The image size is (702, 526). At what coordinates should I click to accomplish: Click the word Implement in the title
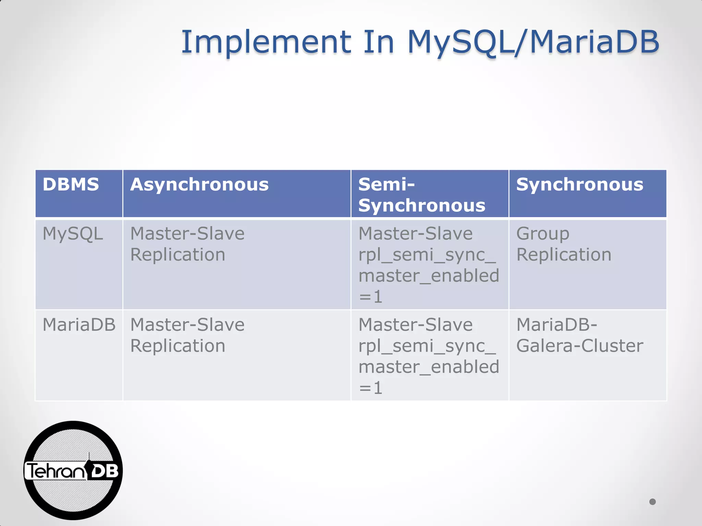coord(266,42)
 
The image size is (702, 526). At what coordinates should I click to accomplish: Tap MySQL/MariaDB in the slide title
coord(533,42)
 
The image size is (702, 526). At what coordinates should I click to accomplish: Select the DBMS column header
coord(71,185)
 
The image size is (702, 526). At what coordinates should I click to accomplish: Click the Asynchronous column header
coord(199,185)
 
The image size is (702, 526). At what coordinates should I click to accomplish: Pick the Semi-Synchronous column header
coord(422,195)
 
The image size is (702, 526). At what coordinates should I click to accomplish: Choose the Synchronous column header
coord(580,185)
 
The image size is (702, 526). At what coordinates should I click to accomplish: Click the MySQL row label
coord(73,234)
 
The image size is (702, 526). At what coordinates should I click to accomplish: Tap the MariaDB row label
coord(79,325)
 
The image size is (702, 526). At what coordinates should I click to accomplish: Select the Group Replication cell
coord(564,244)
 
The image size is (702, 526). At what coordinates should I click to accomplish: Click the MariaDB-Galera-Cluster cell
coord(579,335)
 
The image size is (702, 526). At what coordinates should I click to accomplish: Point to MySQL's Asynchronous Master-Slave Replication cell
coord(187,244)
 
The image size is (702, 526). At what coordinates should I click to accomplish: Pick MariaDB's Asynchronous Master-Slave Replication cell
coord(187,335)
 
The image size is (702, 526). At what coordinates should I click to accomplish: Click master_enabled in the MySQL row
coord(428,276)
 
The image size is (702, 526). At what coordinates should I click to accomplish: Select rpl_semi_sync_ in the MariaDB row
coord(427,346)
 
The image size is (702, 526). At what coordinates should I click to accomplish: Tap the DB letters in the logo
coord(105,472)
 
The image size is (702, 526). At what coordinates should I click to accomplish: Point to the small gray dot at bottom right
coord(652,502)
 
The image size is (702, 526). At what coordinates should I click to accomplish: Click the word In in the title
coord(378,42)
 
